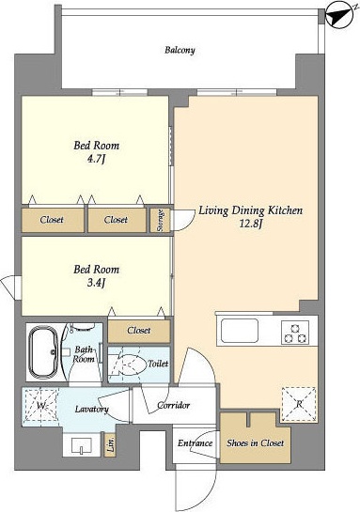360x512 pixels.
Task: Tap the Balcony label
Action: point(180,51)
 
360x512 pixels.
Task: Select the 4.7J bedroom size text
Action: point(96,160)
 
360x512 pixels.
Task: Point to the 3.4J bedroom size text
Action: point(96,283)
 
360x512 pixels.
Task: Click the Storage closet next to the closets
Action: point(160,221)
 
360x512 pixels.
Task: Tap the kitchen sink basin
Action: point(240,331)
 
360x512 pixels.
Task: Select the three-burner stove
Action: point(295,333)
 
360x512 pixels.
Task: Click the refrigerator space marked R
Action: point(299,404)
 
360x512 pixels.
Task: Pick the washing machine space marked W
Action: point(39,406)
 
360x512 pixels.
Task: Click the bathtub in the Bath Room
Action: point(43,352)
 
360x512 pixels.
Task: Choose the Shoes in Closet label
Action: point(255,443)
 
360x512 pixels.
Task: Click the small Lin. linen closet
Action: point(110,444)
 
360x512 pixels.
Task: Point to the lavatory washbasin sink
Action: point(82,445)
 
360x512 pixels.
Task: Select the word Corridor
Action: point(174,405)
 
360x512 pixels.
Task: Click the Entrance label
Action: point(195,443)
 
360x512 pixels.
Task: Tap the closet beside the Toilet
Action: point(139,331)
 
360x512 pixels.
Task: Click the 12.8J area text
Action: point(252,225)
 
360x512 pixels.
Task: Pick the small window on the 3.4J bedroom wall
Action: point(10,287)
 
